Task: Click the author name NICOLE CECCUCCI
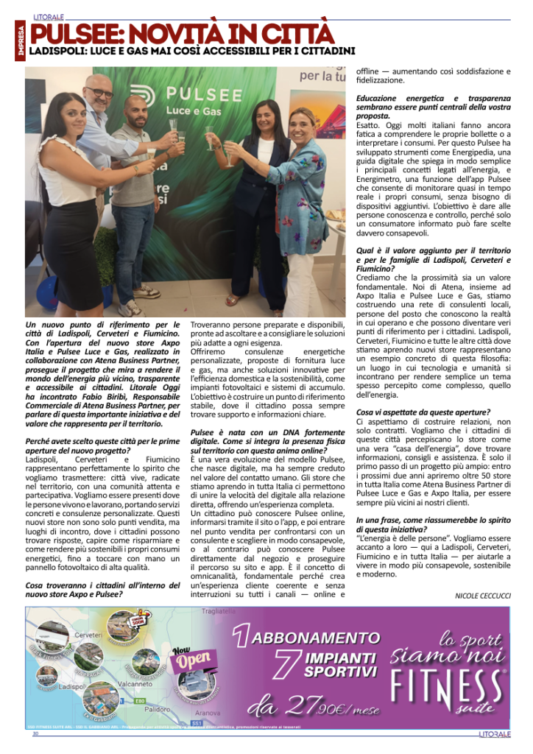pos(482,593)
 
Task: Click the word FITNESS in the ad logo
pos(448,683)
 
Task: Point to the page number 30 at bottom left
pos(35,733)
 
